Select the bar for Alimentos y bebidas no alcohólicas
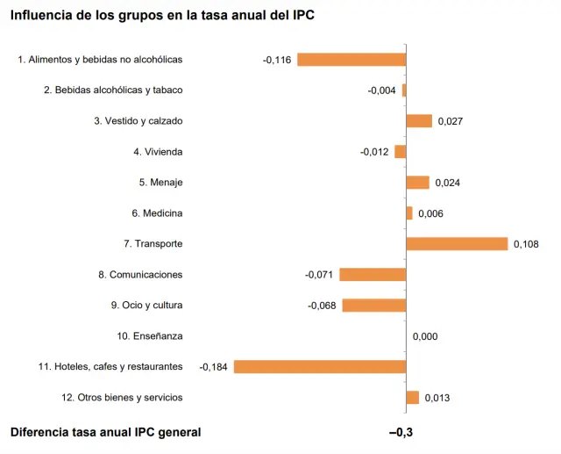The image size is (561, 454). pyautogui.click(x=352, y=60)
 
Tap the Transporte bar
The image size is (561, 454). pyautogui.click(x=457, y=244)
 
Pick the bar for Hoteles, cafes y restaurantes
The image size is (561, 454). pyautogui.click(x=320, y=366)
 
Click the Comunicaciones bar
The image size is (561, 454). pyautogui.click(x=373, y=275)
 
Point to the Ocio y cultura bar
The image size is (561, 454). pyautogui.click(x=374, y=306)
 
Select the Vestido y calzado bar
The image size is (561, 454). pyautogui.click(x=419, y=121)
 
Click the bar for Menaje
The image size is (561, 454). pyautogui.click(x=417, y=183)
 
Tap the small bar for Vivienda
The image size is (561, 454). pyautogui.click(x=401, y=152)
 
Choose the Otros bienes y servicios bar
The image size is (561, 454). pyautogui.click(x=413, y=398)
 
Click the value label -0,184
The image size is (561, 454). pyautogui.click(x=214, y=367)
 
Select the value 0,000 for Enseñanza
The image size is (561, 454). pyautogui.click(x=425, y=336)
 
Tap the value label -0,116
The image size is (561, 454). pyautogui.click(x=277, y=60)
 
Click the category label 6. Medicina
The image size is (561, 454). pyautogui.click(x=157, y=213)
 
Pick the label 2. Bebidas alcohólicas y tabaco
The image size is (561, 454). pyautogui.click(x=113, y=90)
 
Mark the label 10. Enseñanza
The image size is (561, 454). pyautogui.click(x=149, y=336)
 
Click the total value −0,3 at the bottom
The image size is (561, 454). pyautogui.click(x=401, y=432)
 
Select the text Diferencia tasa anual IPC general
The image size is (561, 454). pyautogui.click(x=105, y=432)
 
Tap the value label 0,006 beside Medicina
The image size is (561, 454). pyautogui.click(x=431, y=213)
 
